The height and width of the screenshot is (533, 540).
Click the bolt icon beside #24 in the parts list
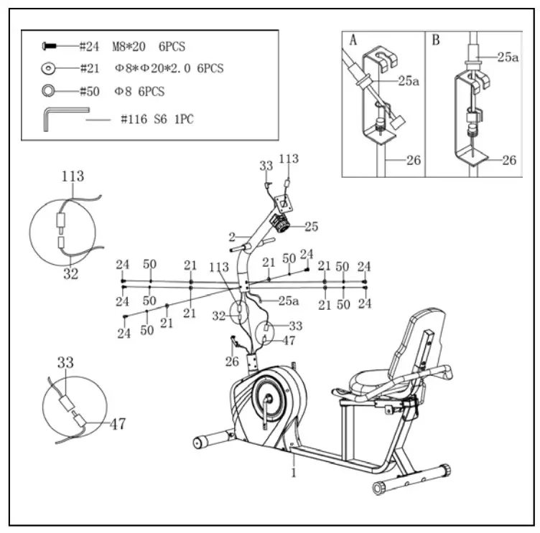pyautogui.click(x=49, y=47)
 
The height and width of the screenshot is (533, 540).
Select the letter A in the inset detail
pyautogui.click(x=352, y=41)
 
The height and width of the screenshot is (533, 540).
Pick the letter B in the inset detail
pyautogui.click(x=435, y=40)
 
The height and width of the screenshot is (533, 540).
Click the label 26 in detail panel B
pyautogui.click(x=509, y=161)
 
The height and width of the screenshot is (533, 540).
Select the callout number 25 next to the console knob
pyautogui.click(x=311, y=227)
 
